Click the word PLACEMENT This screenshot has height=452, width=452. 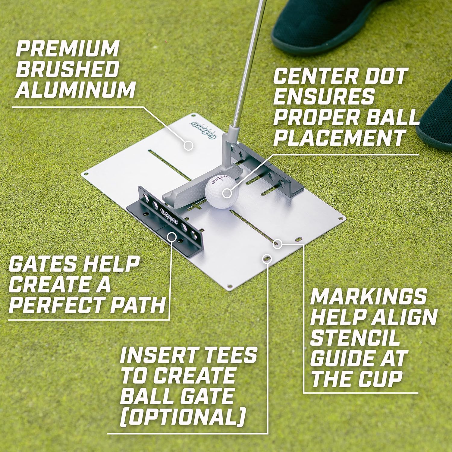(339, 138)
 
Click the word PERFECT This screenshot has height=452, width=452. (58, 305)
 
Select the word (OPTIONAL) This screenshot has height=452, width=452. (183, 417)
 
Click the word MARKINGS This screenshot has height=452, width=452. (368, 297)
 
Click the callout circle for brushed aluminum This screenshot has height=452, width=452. (188, 146)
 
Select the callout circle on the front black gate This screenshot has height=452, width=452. (172, 237)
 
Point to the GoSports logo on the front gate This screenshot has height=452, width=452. (169, 216)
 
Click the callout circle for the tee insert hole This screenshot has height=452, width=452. (267, 258)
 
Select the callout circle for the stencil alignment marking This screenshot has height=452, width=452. (278, 243)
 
